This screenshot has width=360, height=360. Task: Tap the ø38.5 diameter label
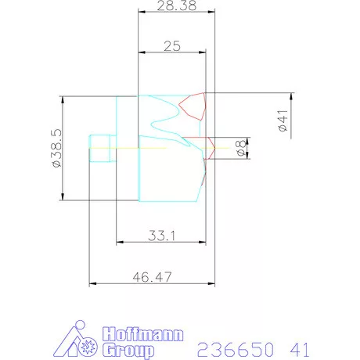point(56,149)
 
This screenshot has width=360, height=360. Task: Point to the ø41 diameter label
point(283,121)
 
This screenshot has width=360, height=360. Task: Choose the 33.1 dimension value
point(161,235)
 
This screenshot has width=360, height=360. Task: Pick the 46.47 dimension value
point(151,277)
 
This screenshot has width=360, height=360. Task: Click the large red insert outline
point(193,106)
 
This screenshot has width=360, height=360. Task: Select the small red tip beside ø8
point(211,146)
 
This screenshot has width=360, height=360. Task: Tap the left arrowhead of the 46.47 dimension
point(92,284)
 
